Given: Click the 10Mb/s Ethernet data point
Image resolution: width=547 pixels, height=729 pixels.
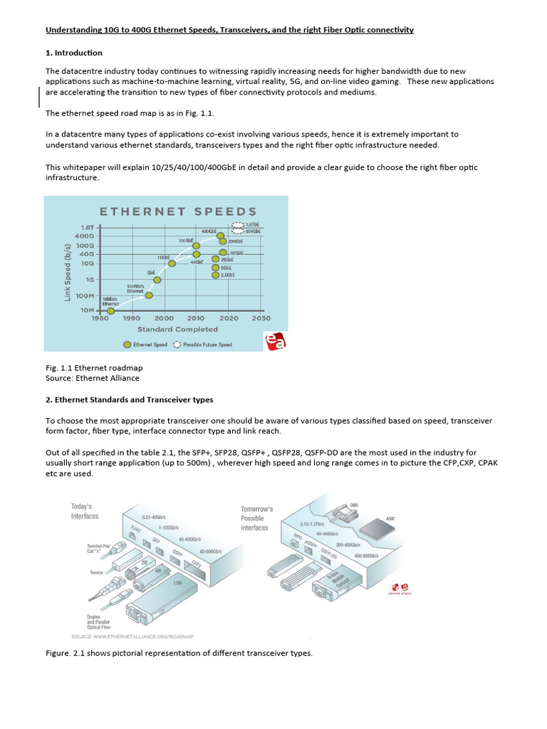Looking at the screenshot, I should (110, 310).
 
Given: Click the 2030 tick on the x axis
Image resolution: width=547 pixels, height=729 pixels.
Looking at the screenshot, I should (261, 318).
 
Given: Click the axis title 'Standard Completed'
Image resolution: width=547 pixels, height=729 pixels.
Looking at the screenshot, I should (177, 329).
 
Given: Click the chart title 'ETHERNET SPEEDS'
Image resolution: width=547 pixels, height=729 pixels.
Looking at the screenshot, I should (178, 211).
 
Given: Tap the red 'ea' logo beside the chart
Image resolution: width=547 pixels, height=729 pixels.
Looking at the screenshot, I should (274, 342).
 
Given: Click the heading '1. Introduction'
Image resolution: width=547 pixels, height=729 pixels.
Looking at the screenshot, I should (74, 53).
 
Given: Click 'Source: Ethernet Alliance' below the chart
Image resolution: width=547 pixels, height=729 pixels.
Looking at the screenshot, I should (92, 378).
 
